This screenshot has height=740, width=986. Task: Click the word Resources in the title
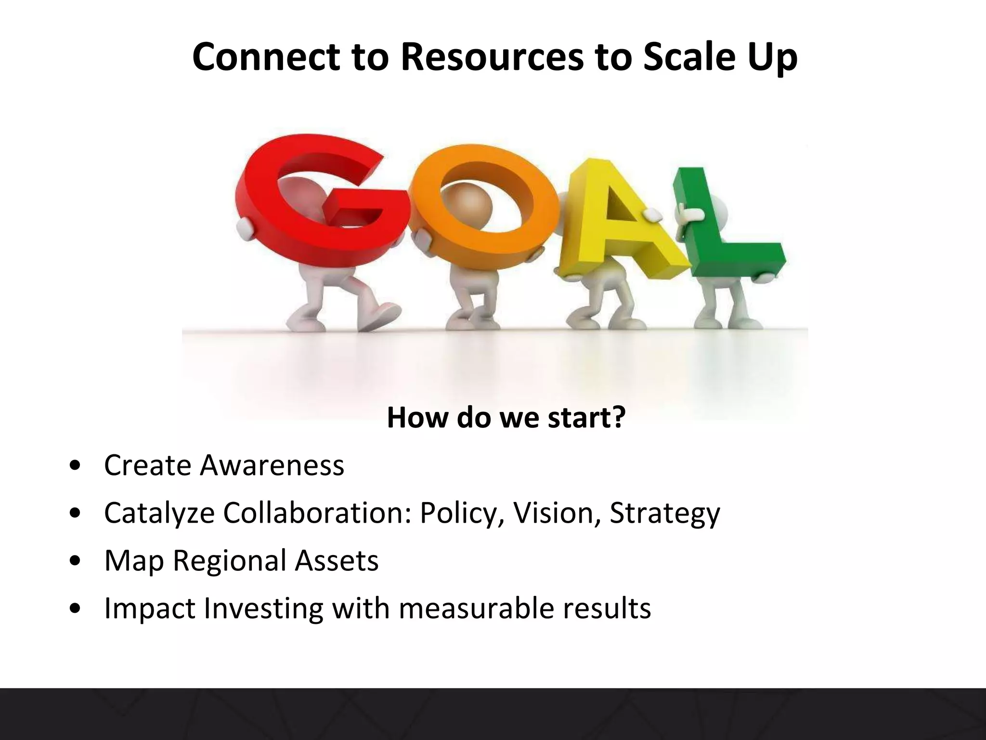click(x=491, y=57)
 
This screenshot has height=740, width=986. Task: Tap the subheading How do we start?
click(x=506, y=417)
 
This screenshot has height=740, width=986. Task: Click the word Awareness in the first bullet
click(x=272, y=465)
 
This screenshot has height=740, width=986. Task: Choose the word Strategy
click(x=664, y=513)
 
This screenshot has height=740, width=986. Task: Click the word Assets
click(x=337, y=560)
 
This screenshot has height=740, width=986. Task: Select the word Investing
click(x=263, y=608)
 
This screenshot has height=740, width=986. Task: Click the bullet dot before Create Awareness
click(x=75, y=466)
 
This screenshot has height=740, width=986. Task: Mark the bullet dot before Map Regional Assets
click(x=75, y=561)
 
